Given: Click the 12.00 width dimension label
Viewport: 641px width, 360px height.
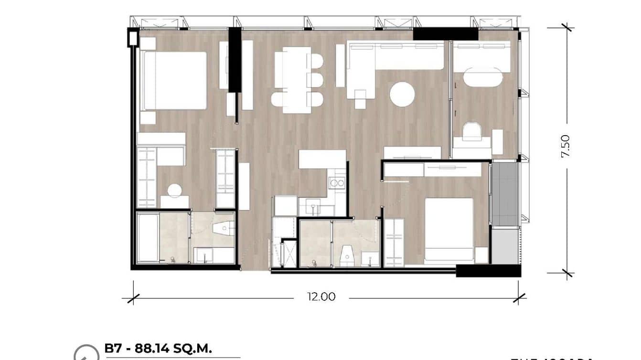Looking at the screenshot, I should tap(321, 297).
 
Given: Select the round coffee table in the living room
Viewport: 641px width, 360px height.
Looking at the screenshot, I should tap(402, 94).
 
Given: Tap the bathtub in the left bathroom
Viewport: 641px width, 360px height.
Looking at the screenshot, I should tap(149, 237).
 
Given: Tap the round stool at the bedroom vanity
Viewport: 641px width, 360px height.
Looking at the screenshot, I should tap(174, 191).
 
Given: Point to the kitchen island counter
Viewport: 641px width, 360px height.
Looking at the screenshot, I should tap(322, 159).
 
